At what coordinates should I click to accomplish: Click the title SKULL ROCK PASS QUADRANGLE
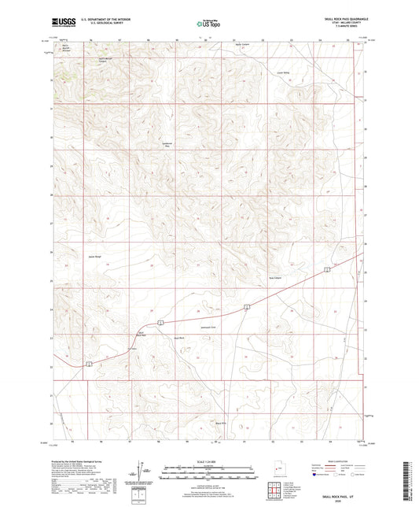[336, 19]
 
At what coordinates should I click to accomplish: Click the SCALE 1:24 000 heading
[210, 461]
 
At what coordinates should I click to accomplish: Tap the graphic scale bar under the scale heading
[210, 470]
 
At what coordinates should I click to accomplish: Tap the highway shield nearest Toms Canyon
[326, 269]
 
